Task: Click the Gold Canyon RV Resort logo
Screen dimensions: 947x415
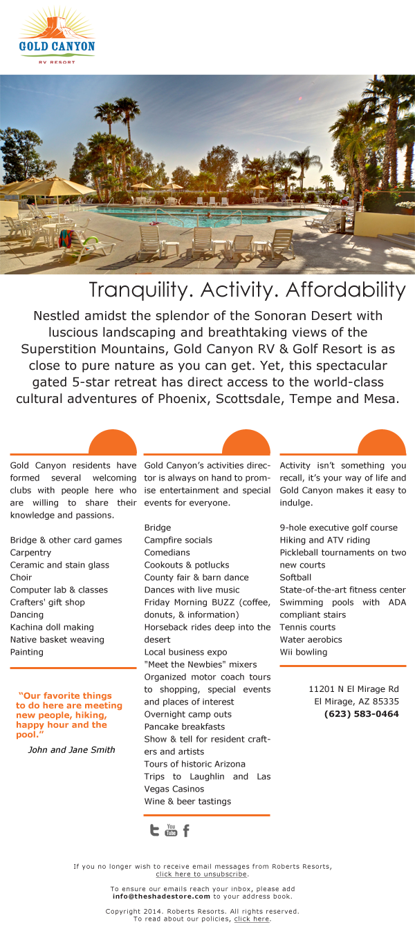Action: pos(57,36)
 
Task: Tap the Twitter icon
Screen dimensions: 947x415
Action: pos(154,830)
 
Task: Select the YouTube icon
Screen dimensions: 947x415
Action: pos(171,830)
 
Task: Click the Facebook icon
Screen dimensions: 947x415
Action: pos(186,830)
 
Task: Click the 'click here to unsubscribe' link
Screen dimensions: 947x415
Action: pos(201,874)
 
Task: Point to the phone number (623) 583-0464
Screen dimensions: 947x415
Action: pos(361,714)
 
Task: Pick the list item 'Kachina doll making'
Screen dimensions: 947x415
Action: pos(52,627)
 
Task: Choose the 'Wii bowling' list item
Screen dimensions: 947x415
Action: pos(303,652)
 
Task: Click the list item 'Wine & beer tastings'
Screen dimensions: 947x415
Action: pos(187,801)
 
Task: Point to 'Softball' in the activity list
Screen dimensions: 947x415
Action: pos(295,577)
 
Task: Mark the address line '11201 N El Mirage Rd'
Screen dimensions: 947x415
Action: pos(353,689)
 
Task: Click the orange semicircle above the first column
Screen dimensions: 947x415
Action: pos(113,443)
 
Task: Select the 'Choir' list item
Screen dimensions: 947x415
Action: pos(21,577)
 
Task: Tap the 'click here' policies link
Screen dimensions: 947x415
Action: pos(251,919)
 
